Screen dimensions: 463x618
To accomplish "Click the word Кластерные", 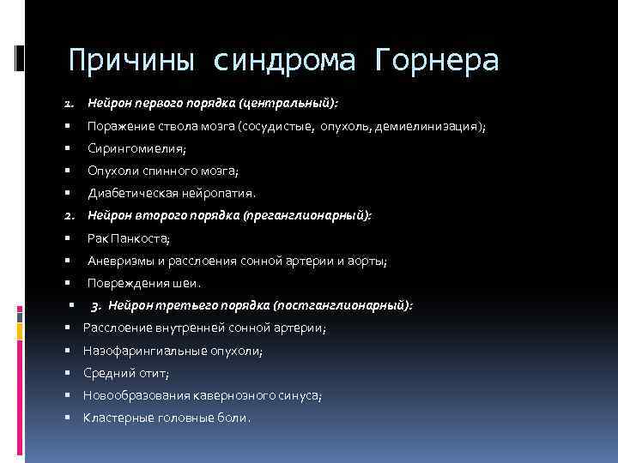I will pos(118,418).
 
